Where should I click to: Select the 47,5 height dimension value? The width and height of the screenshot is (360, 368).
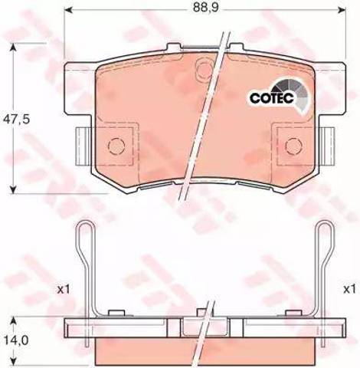click(16, 119)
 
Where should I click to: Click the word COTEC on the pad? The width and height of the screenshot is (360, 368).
click(272, 98)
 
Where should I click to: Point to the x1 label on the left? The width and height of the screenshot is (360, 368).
click(64, 290)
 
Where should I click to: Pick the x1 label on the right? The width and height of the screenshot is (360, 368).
click(349, 290)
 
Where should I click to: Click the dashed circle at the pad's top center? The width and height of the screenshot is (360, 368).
click(204, 68)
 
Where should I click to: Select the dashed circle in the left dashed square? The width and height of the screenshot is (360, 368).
click(116, 146)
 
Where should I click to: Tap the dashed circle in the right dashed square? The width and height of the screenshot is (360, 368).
click(294, 146)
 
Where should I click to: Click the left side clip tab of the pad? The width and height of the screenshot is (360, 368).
click(82, 146)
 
